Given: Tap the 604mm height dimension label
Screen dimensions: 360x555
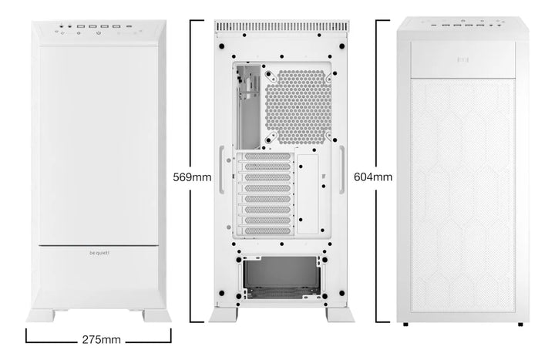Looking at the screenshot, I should tap(372, 177).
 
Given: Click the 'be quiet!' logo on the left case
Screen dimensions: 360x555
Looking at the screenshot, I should tap(99, 251).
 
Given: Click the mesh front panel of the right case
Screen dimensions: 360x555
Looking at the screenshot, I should tap(462, 193).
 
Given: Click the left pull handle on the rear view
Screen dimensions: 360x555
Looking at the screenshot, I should tap(221, 165).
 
